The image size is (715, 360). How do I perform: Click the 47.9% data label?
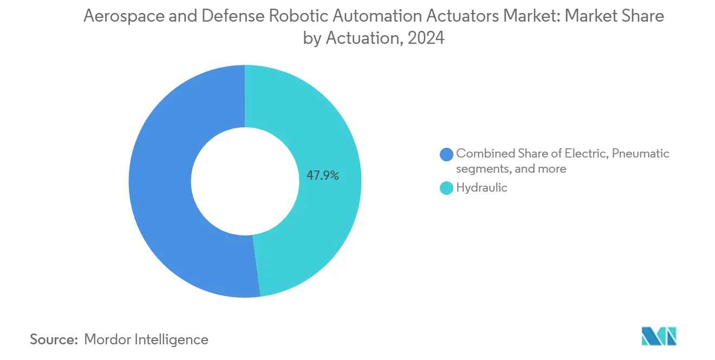pyautogui.click(x=323, y=175)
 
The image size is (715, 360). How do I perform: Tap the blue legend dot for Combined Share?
pyautogui.click(x=447, y=154)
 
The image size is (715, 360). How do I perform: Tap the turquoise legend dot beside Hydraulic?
pyautogui.click(x=447, y=188)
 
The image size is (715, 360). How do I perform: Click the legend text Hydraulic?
pyautogui.click(x=482, y=188)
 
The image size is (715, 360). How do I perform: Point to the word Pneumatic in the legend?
pyautogui.click(x=641, y=154)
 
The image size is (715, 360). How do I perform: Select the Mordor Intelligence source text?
pyautogui.click(x=146, y=340)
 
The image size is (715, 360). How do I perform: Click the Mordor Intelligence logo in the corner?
pyautogui.click(x=659, y=336)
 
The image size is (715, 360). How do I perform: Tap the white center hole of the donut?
pyautogui.click(x=245, y=181)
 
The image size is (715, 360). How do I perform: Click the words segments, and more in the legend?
pyautogui.click(x=511, y=169)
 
